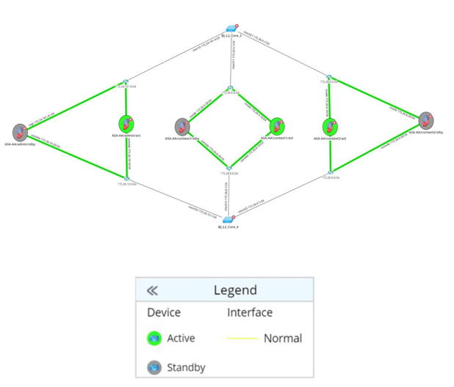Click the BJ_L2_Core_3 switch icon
pyautogui.click(x=232, y=28)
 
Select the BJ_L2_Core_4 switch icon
pyautogui.click(x=228, y=219)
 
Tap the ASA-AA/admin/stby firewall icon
pyautogui.click(x=20, y=132)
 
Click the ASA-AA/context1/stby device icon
pyautogui.click(x=182, y=127)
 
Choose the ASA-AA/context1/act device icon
pyautogui.click(x=277, y=126)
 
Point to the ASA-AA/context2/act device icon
pyautogui.click(x=330, y=127)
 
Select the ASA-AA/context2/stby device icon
pyautogui.click(x=425, y=121)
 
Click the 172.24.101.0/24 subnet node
pyautogui.click(x=126, y=83)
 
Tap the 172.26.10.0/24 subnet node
pyautogui.click(x=126, y=177)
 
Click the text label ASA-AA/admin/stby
pyautogui.click(x=20, y=144)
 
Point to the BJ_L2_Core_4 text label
pyautogui.click(x=228, y=227)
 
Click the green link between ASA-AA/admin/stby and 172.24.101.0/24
pyautogui.click(x=73, y=107)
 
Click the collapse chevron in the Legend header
pyautogui.click(x=152, y=291)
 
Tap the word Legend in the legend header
pyautogui.click(x=235, y=291)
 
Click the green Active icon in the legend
pyautogui.click(x=154, y=339)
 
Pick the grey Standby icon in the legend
pyautogui.click(x=154, y=367)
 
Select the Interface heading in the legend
pyautogui.click(x=250, y=313)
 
